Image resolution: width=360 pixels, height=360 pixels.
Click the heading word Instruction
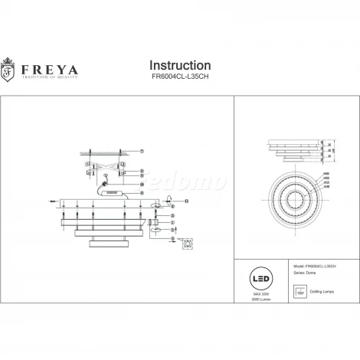(x=179, y=66)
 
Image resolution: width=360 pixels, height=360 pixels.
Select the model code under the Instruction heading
(x=180, y=80)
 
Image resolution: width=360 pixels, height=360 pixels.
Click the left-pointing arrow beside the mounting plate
(x=52, y=202)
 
